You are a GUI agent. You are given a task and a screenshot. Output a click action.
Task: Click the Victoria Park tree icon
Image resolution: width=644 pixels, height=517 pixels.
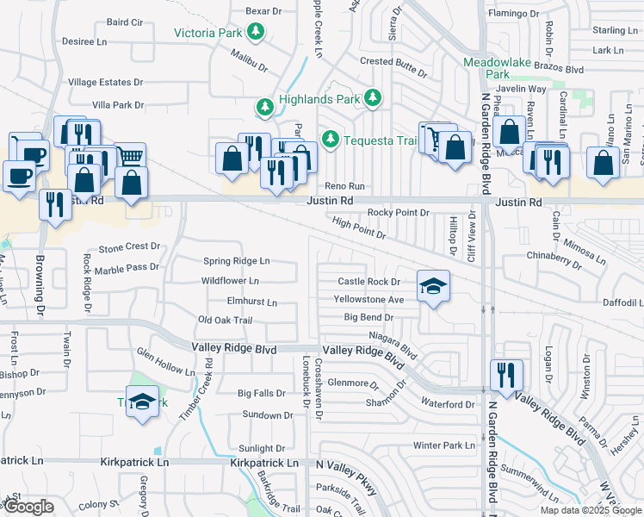[256, 33]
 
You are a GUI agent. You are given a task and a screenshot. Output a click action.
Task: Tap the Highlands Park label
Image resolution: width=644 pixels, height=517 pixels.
[318, 99]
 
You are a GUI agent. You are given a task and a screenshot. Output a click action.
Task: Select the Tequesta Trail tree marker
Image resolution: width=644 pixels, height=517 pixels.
[330, 139]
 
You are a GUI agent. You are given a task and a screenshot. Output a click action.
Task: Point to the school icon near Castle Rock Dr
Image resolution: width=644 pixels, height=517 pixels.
[433, 286]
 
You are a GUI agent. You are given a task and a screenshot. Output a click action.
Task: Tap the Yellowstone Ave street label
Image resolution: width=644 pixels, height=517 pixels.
[369, 299]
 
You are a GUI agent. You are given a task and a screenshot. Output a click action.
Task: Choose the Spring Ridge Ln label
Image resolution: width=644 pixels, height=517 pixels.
[236, 261]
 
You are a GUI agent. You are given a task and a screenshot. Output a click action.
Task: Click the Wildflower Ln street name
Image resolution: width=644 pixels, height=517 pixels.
[230, 281]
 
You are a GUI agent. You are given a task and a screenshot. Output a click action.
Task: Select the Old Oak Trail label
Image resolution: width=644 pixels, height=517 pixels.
[225, 321]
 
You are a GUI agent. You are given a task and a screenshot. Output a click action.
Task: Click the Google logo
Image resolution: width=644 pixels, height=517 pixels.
[28, 507]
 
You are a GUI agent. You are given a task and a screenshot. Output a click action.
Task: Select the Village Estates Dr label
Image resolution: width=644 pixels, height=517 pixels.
[105, 82]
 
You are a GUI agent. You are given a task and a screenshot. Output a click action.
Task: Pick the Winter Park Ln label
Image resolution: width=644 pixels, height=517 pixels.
[443, 445]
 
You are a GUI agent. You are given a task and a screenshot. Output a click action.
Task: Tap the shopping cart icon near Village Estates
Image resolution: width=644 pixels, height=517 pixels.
[129, 156]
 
